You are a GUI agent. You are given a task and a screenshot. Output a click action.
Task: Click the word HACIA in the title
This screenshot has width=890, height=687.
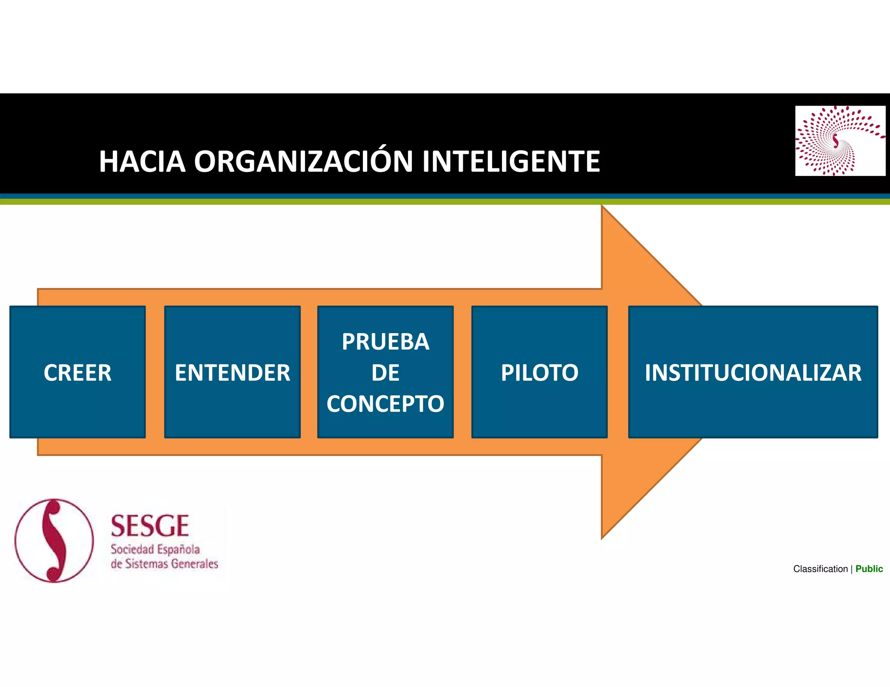click(x=142, y=162)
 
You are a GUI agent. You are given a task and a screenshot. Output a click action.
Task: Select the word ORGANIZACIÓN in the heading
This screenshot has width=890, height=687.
click(x=303, y=162)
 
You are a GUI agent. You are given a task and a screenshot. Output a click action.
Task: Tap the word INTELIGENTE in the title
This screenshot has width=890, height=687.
click(x=511, y=162)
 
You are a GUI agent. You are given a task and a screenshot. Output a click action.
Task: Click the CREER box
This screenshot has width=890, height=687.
click(x=77, y=372)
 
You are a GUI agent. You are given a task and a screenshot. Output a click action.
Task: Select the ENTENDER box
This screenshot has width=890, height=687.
click(x=232, y=372)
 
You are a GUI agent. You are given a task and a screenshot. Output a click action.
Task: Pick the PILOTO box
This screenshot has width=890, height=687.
click(x=539, y=372)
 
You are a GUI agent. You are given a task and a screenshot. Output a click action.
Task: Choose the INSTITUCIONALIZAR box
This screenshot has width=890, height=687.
click(x=753, y=372)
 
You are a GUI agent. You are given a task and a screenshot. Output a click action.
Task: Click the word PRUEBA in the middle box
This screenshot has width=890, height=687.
click(x=385, y=342)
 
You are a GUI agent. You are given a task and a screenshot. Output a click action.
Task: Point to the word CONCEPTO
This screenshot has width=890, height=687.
click(x=385, y=404)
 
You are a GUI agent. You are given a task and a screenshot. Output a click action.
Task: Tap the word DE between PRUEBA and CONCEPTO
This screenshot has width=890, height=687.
click(x=385, y=373)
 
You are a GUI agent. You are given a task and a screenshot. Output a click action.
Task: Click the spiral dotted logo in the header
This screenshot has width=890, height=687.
click(x=840, y=141)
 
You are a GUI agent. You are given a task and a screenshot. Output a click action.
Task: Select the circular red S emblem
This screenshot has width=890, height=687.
click(x=54, y=540)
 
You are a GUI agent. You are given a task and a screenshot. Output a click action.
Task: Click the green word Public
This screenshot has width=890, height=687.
click(x=869, y=569)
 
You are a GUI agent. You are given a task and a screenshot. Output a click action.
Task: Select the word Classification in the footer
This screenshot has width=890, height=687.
click(x=820, y=569)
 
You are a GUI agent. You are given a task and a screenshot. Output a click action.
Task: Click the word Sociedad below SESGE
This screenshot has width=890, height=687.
click(x=132, y=550)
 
